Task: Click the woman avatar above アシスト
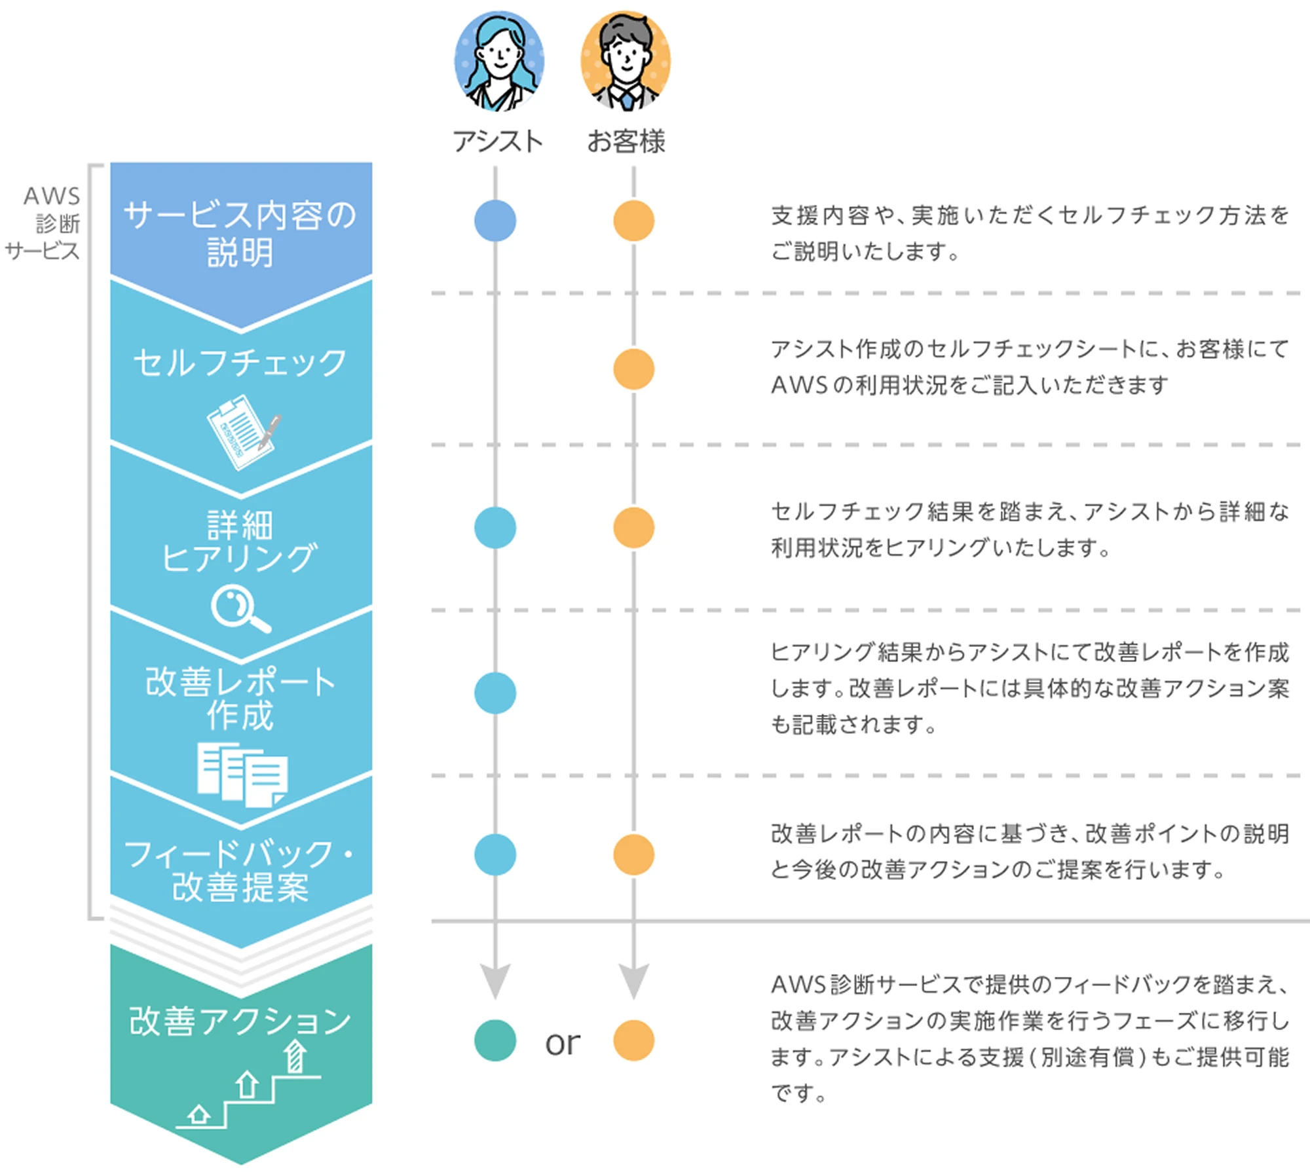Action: tap(499, 61)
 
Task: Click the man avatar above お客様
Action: tap(626, 61)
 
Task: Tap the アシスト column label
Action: tap(498, 141)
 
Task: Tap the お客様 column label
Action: tap(626, 141)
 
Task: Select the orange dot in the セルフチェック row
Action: tap(633, 369)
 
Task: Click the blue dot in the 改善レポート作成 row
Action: tap(495, 693)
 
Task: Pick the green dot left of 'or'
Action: tap(495, 1040)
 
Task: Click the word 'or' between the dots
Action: tap(563, 1042)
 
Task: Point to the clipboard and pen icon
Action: tap(243, 430)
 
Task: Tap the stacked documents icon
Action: tap(242, 774)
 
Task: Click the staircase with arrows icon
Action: tap(249, 1087)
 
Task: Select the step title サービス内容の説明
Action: tap(240, 233)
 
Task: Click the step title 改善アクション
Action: tap(240, 1021)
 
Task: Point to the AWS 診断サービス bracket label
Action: tap(44, 223)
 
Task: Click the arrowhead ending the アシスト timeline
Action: tap(495, 981)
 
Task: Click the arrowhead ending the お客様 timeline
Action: tap(633, 981)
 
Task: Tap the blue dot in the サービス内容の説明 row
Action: tap(495, 221)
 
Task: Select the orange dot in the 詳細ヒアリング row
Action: tap(633, 528)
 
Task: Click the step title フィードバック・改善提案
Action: tap(240, 871)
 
